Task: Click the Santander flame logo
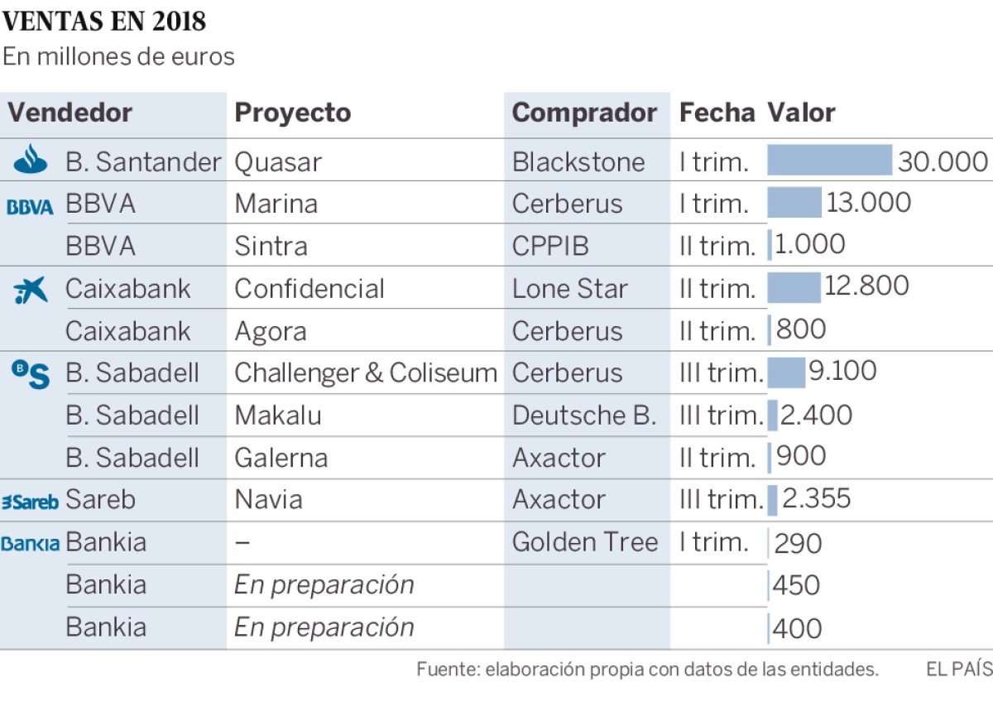click(x=31, y=160)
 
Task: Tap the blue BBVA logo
click(x=30, y=207)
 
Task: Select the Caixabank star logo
click(x=31, y=290)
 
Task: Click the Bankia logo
click(x=30, y=544)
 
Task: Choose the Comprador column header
click(x=584, y=113)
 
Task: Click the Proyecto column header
click(x=292, y=113)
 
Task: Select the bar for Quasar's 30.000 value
click(x=829, y=161)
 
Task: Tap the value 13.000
click(x=868, y=203)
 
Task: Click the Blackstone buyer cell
click(x=578, y=161)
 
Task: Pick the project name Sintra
click(x=271, y=246)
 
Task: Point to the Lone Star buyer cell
click(x=569, y=288)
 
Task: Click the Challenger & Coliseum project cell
click(x=365, y=372)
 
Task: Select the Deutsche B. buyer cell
click(x=583, y=415)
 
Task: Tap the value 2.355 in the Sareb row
click(x=816, y=499)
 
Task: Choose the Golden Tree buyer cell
click(x=584, y=542)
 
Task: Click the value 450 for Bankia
click(x=796, y=585)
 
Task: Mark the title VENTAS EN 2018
click(x=104, y=22)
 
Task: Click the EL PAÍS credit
click(x=958, y=669)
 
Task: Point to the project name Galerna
click(x=281, y=458)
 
